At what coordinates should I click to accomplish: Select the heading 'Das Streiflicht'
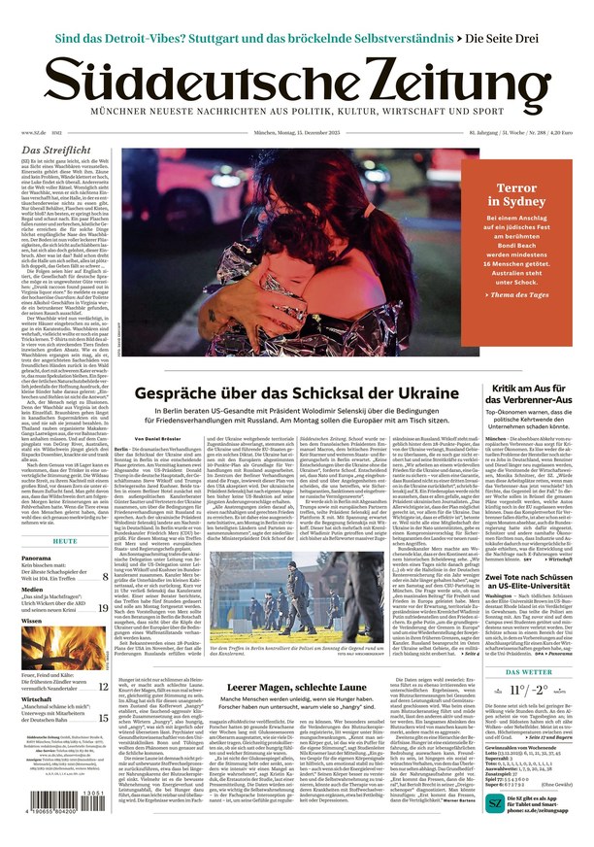(56, 151)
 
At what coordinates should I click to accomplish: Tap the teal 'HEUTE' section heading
(65, 540)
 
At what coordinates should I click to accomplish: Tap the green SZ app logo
(495, 802)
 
